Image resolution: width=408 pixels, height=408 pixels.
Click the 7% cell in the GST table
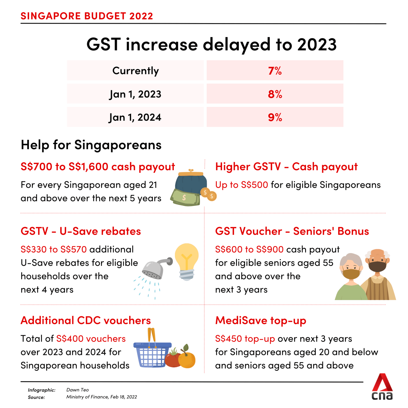[x=275, y=71]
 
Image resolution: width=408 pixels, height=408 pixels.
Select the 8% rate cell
[x=275, y=94]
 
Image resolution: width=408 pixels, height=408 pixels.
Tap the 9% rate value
[x=275, y=117]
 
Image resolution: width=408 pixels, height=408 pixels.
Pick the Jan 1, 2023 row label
[x=135, y=94]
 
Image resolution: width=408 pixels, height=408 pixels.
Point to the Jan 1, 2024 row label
[x=135, y=117]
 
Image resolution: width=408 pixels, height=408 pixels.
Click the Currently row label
[x=135, y=71]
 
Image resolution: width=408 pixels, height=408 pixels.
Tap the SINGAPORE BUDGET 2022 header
[x=87, y=16]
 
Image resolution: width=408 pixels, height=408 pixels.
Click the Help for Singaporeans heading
[x=91, y=145]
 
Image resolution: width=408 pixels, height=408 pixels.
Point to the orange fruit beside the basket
[x=187, y=359]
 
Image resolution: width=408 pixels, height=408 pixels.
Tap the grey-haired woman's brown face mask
[x=351, y=274]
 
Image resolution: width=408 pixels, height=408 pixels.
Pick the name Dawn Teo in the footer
[x=78, y=390]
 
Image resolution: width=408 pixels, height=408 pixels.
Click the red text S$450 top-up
[x=245, y=339]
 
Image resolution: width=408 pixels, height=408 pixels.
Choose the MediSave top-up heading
[x=261, y=321]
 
